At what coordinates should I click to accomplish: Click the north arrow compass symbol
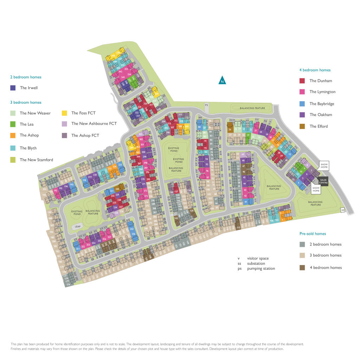coord(222,81)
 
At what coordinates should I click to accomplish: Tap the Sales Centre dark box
coord(323,181)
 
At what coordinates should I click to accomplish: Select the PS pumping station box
coord(206,105)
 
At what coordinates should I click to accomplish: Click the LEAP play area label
coord(77,227)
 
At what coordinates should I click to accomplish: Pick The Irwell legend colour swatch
coord(13,88)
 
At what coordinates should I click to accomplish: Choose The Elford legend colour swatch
coord(302,126)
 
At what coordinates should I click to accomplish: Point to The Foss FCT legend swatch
coord(65,113)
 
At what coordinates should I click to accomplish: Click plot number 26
coord(230,129)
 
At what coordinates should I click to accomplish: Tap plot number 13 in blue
coord(290,154)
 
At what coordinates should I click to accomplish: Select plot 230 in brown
coord(117,189)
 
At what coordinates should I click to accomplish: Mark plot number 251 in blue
coord(78,249)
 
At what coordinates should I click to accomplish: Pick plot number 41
coord(246,202)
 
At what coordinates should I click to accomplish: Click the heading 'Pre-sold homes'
coord(313,233)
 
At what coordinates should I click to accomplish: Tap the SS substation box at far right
coord(342,210)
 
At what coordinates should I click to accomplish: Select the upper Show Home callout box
coord(324,165)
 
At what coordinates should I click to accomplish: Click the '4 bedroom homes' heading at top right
coord(315,70)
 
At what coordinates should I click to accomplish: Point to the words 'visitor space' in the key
coord(258,258)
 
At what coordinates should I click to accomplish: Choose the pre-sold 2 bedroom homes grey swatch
coord(302,244)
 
